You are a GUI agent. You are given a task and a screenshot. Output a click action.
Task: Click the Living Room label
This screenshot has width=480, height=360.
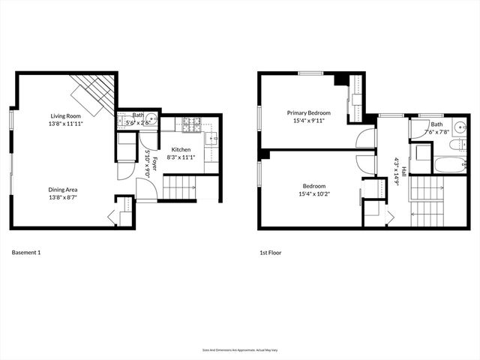point(66,115)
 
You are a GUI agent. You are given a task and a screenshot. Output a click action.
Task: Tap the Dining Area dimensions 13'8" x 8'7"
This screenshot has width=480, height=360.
point(63,199)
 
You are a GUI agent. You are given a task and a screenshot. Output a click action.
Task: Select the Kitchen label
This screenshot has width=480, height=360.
point(181,150)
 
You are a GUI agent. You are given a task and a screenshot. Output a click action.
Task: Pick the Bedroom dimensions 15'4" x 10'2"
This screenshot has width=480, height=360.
point(313,194)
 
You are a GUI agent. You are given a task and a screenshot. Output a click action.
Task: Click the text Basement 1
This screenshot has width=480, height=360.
point(26,253)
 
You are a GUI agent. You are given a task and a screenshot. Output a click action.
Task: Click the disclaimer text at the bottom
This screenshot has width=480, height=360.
point(239,349)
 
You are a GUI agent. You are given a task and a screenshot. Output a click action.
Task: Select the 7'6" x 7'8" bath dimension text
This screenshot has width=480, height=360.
point(437,133)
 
